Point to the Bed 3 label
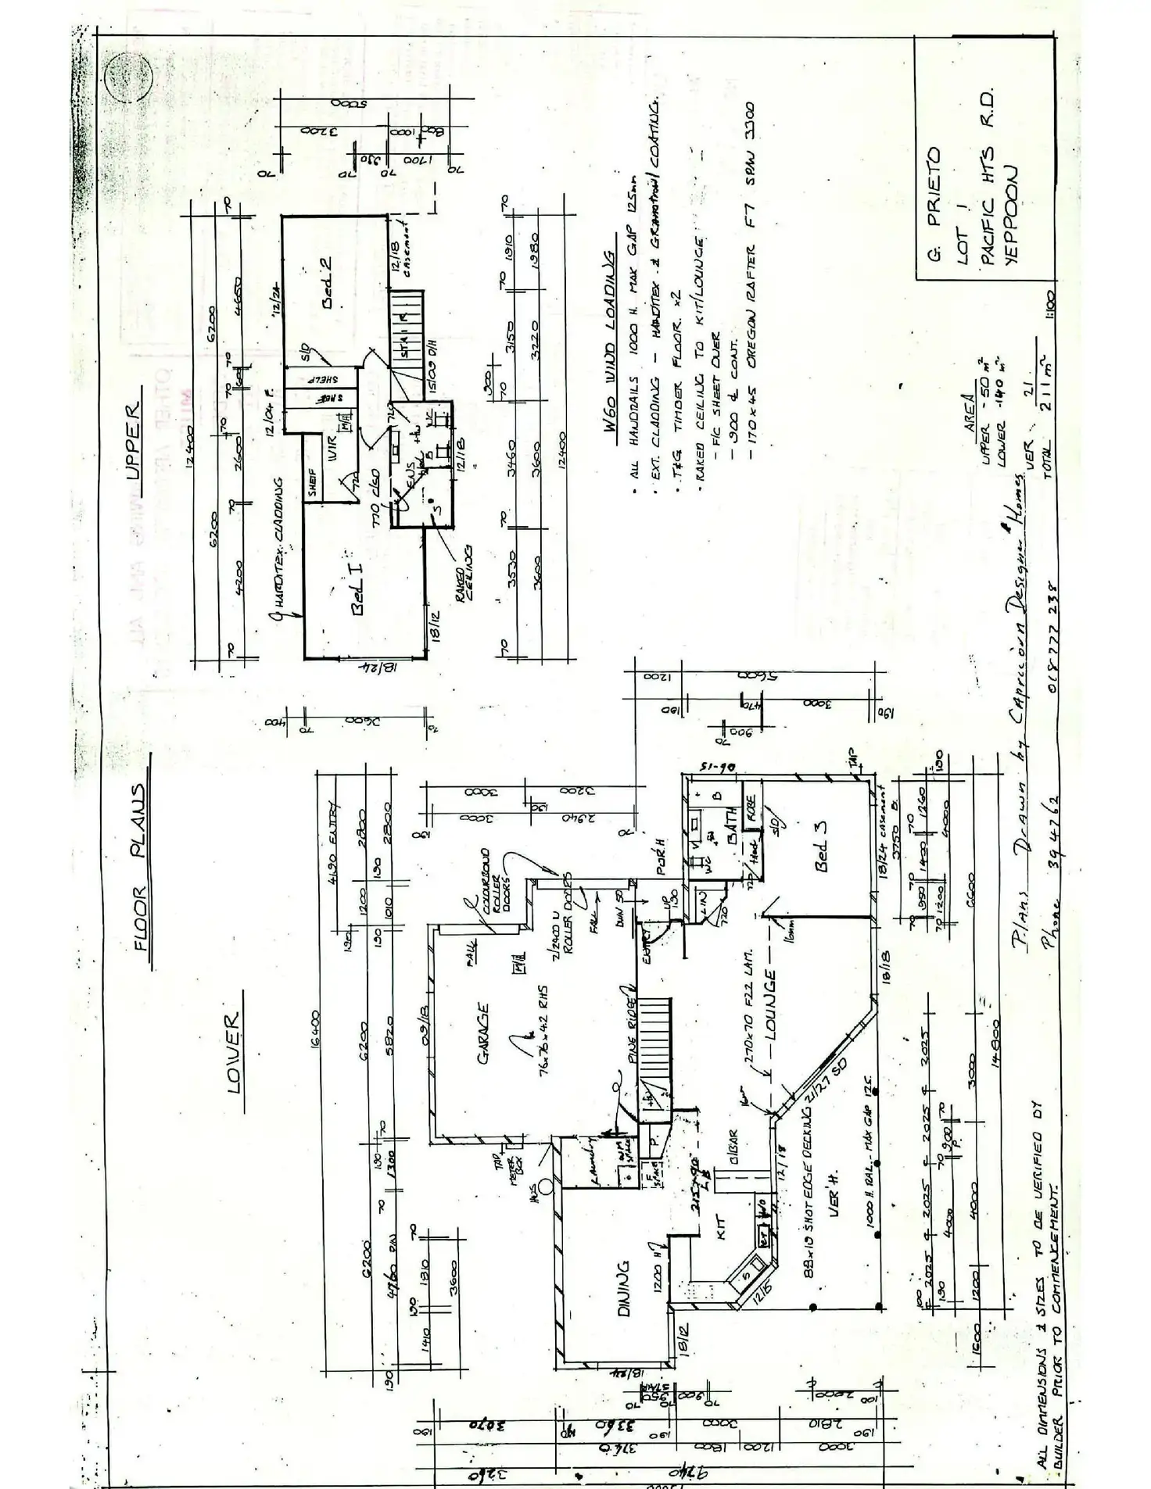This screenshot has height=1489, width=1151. [x=821, y=847]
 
